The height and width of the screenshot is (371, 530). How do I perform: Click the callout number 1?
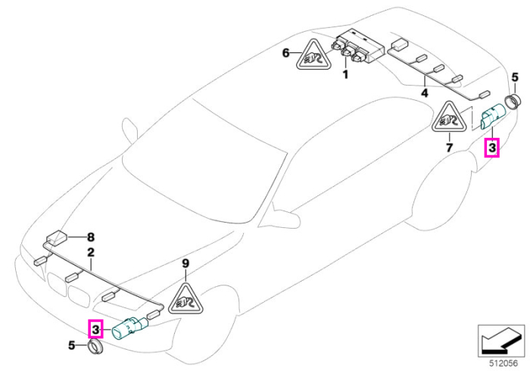click(x=345, y=74)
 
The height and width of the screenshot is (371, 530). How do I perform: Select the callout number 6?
click(x=286, y=53)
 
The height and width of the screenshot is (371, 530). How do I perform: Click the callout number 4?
click(x=424, y=92)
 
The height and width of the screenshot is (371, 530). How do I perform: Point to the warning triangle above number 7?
click(x=449, y=117)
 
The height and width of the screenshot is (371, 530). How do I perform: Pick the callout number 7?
click(x=449, y=148)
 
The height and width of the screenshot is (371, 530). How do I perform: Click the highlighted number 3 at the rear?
click(x=492, y=148)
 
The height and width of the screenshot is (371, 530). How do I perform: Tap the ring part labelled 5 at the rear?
click(x=511, y=101)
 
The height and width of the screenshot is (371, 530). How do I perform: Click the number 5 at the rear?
click(x=514, y=77)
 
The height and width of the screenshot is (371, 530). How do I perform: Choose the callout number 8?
click(x=91, y=237)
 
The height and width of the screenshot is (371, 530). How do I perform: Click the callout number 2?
click(x=91, y=252)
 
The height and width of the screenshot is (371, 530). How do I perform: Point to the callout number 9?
click(x=185, y=263)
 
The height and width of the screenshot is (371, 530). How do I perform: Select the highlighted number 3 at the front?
click(x=95, y=329)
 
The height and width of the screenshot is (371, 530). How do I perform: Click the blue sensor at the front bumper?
click(x=129, y=328)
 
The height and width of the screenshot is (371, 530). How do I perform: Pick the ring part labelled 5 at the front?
click(x=95, y=347)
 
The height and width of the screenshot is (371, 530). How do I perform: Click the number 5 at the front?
click(x=71, y=345)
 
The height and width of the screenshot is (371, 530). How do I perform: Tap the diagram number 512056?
click(x=503, y=363)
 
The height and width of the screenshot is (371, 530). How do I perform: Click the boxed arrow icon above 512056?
click(x=501, y=341)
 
